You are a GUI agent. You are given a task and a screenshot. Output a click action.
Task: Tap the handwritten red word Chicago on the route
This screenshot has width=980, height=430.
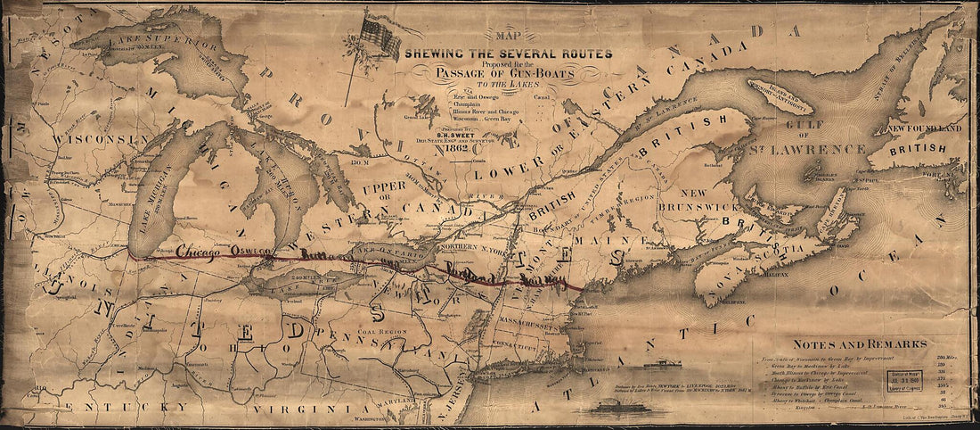(x=200, y=252)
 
